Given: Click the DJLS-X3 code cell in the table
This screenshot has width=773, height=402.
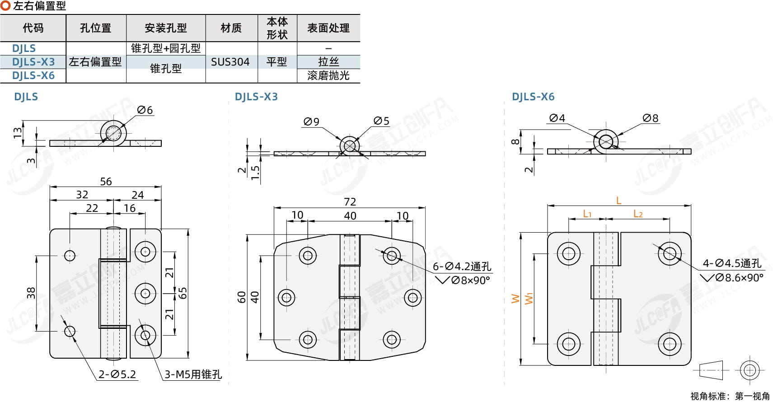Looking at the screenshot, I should click(x=33, y=62).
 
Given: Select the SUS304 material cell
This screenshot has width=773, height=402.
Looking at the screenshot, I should click(x=230, y=62).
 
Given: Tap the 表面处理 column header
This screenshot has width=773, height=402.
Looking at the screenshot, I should click(x=328, y=28).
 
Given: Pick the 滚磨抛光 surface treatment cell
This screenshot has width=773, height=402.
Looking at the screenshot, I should click(x=328, y=75).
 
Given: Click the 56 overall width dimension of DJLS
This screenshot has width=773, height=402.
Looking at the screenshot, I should click(x=106, y=182).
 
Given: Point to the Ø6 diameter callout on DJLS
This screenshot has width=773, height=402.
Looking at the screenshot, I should click(x=145, y=110).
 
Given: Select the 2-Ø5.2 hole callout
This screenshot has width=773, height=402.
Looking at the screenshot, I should click(x=117, y=374).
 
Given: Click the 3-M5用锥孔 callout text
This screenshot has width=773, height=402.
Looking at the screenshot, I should click(x=193, y=374).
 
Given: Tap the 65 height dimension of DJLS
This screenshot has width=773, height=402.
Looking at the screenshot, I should click(x=183, y=293).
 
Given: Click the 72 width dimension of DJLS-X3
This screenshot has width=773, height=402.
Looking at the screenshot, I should click(x=350, y=201).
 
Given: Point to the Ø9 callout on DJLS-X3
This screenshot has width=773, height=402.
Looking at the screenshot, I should click(x=311, y=122).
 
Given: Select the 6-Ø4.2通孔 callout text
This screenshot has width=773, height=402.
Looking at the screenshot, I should click(x=462, y=266).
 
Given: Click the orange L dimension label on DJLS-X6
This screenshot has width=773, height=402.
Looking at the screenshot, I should click(x=618, y=200).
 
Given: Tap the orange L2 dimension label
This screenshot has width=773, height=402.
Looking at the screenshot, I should click(x=638, y=214).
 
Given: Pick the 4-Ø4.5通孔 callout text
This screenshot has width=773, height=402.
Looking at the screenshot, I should click(x=732, y=263).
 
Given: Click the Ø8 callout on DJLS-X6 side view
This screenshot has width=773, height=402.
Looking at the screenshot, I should click(x=651, y=118).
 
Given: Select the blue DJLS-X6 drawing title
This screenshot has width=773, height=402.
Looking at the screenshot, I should click(x=533, y=97).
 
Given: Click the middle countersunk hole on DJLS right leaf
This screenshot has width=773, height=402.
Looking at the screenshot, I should click(x=145, y=294).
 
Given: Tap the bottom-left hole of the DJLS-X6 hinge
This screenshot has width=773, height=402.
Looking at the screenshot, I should click(x=568, y=344).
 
